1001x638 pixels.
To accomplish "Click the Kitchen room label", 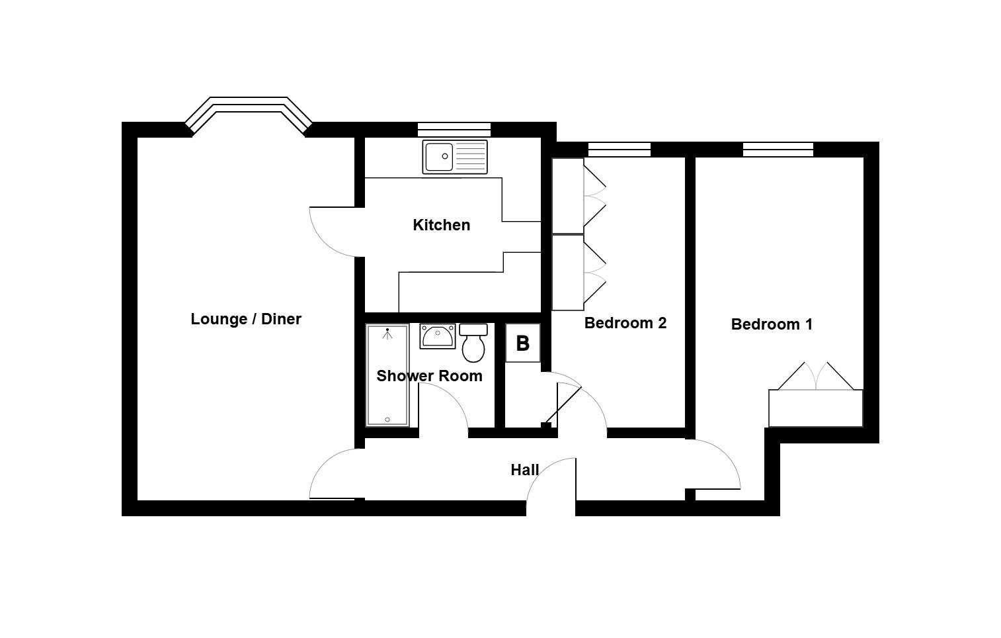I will tap(441, 225).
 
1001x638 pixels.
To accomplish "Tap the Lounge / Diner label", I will tap(246, 319).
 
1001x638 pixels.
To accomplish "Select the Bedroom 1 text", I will tap(772, 324).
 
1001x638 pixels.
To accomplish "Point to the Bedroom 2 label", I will tap(625, 323).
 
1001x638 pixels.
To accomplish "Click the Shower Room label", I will tap(429, 376).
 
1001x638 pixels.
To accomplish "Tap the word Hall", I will tap(524, 470).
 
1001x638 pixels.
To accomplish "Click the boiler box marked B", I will tap(522, 343).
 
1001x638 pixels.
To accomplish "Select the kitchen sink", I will tap(455, 157).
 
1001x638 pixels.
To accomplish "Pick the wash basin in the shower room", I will tap(437, 336).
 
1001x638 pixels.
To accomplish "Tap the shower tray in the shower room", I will tap(387, 375).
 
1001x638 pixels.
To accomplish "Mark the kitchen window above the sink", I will tap(454, 130).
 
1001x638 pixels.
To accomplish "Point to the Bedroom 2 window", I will tap(619, 150).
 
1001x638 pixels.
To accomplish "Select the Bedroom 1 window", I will tap(778, 150).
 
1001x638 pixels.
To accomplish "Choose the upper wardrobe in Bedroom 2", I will tap(568, 196).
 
